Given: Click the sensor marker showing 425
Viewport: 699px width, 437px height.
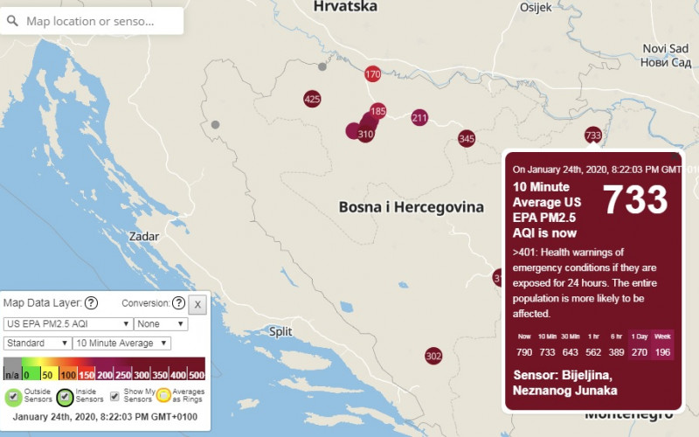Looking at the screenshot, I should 312,100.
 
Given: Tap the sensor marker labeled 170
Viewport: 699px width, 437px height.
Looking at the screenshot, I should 373,74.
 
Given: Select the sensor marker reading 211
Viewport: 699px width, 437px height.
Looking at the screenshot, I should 419,118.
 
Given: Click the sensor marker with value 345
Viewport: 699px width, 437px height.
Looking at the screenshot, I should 467,139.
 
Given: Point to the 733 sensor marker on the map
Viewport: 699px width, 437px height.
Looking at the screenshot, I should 593,135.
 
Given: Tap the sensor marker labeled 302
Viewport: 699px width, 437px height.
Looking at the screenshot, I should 433,356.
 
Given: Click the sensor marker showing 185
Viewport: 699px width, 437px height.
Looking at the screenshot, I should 377,112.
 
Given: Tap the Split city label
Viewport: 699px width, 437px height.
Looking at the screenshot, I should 280,331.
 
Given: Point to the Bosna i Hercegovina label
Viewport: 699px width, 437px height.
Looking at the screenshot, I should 411,208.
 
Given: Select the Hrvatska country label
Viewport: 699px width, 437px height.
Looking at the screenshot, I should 345,7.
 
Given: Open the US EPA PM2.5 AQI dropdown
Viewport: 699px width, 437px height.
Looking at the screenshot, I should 68,323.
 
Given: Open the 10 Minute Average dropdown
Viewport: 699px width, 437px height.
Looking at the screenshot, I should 129,343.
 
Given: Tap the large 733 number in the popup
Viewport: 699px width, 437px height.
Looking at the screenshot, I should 635,200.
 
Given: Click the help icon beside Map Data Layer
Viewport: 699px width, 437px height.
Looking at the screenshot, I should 91,303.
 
